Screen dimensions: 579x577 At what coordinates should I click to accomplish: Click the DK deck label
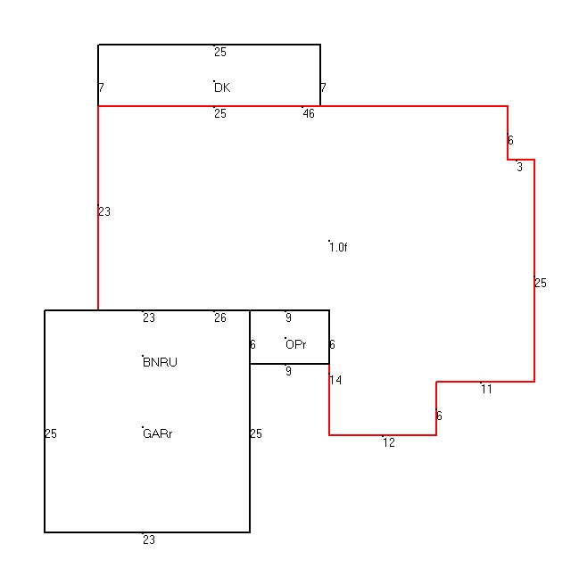point(222,88)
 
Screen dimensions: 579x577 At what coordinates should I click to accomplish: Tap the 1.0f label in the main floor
point(338,247)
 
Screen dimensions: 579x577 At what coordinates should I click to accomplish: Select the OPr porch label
point(296,345)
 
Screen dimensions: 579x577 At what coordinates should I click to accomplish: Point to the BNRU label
point(160,362)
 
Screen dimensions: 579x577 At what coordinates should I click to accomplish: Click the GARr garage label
point(158,433)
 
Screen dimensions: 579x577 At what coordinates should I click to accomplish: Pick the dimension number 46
point(309,113)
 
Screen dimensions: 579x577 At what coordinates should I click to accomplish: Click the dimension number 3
point(519,168)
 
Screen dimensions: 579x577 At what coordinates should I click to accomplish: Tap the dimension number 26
point(220,317)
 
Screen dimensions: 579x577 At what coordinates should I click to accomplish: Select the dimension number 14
point(335,380)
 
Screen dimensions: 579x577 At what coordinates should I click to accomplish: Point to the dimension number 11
point(487,389)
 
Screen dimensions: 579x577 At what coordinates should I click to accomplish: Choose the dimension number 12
point(389,442)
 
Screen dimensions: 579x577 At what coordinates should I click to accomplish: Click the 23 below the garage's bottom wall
point(149,540)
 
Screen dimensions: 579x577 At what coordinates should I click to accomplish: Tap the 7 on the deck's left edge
point(101,88)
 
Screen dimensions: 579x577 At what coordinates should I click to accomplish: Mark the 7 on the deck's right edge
point(323,88)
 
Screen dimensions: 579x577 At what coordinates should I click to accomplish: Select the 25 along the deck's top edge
point(220,52)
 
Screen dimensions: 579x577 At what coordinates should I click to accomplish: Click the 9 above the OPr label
point(288,317)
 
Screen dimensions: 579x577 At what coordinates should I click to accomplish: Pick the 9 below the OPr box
point(288,371)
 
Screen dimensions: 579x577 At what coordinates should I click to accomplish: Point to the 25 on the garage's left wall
point(51,433)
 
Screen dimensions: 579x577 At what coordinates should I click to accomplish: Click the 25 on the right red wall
point(541,283)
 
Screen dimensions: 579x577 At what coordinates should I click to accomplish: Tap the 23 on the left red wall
point(104,212)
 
